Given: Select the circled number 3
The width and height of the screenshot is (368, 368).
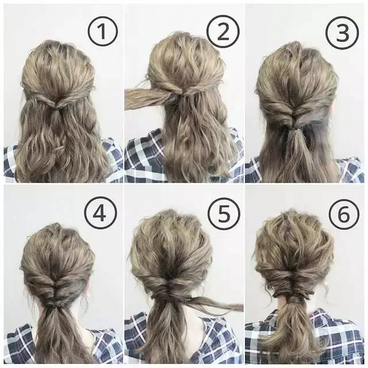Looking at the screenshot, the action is click(343, 33).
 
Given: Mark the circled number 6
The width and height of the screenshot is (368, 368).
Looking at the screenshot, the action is click(343, 214).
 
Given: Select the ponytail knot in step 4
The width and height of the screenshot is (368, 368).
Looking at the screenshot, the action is click(53, 305).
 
